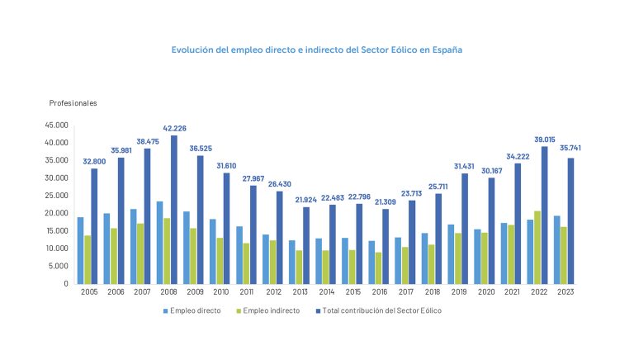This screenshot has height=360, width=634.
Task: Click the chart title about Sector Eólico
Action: click(316, 50)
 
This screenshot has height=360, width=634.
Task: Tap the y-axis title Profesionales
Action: click(73, 103)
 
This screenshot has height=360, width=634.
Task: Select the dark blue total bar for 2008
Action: click(174, 210)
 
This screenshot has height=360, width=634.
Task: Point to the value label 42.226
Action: click(173, 128)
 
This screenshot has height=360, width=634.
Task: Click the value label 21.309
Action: click(385, 201)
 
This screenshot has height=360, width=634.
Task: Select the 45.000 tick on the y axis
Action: click(57, 126)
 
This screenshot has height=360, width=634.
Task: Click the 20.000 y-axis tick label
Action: click(57, 213)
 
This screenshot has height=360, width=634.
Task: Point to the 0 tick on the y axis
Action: click(66, 284)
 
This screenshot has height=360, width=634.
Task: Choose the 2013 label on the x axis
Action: click(299, 292)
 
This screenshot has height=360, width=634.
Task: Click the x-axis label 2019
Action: click(457, 292)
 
